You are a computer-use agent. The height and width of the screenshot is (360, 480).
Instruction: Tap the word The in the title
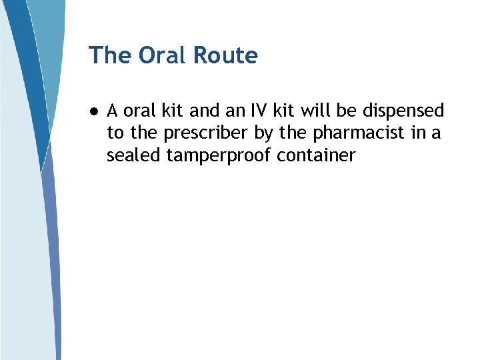point(111,55)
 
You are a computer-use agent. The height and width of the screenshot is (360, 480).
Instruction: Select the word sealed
point(133,156)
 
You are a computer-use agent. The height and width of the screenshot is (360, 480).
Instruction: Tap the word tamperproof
point(218,156)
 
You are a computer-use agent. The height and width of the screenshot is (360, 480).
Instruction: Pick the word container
point(317,156)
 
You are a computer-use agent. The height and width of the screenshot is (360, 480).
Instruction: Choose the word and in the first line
point(204,111)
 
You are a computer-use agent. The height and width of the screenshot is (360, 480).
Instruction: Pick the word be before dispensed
point(349,111)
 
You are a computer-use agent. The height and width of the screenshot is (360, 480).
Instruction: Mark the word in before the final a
point(419,133)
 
